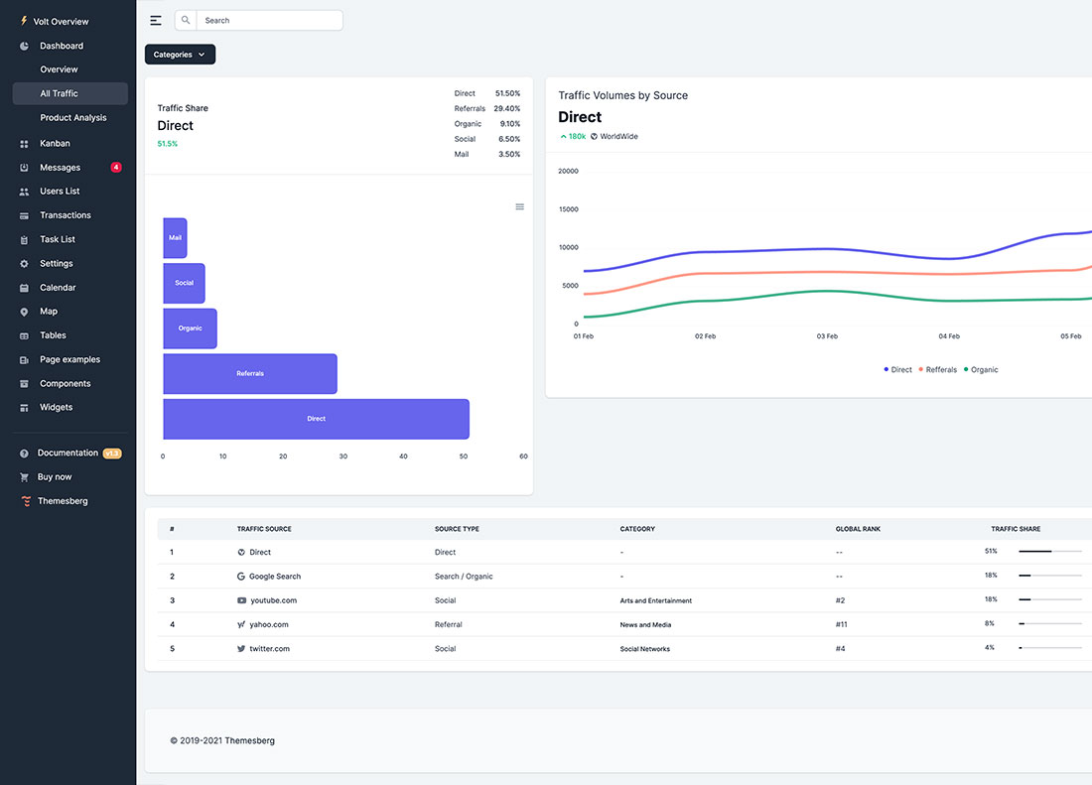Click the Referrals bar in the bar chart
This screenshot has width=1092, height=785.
click(250, 373)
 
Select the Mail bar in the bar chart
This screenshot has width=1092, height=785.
click(175, 238)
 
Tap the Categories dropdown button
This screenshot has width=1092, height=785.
click(180, 55)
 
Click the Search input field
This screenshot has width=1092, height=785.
click(268, 20)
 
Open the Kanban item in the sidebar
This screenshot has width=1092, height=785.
click(55, 144)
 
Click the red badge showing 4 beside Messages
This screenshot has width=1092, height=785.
click(116, 168)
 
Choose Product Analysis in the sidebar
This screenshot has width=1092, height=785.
click(73, 118)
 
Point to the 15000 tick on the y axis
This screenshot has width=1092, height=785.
click(568, 209)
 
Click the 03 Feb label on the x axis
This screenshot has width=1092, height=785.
click(827, 336)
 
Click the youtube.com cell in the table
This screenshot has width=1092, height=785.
click(272, 600)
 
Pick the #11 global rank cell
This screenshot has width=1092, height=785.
click(842, 624)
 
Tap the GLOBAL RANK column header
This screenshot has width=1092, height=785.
click(858, 529)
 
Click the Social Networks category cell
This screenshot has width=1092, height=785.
click(645, 649)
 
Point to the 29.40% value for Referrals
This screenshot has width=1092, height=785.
click(506, 108)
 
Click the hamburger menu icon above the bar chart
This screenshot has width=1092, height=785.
click(519, 206)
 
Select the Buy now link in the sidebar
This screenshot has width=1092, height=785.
click(55, 477)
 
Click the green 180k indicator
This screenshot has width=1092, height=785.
click(573, 136)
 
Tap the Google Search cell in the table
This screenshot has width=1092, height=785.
click(274, 577)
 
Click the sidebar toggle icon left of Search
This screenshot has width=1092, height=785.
click(156, 20)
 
